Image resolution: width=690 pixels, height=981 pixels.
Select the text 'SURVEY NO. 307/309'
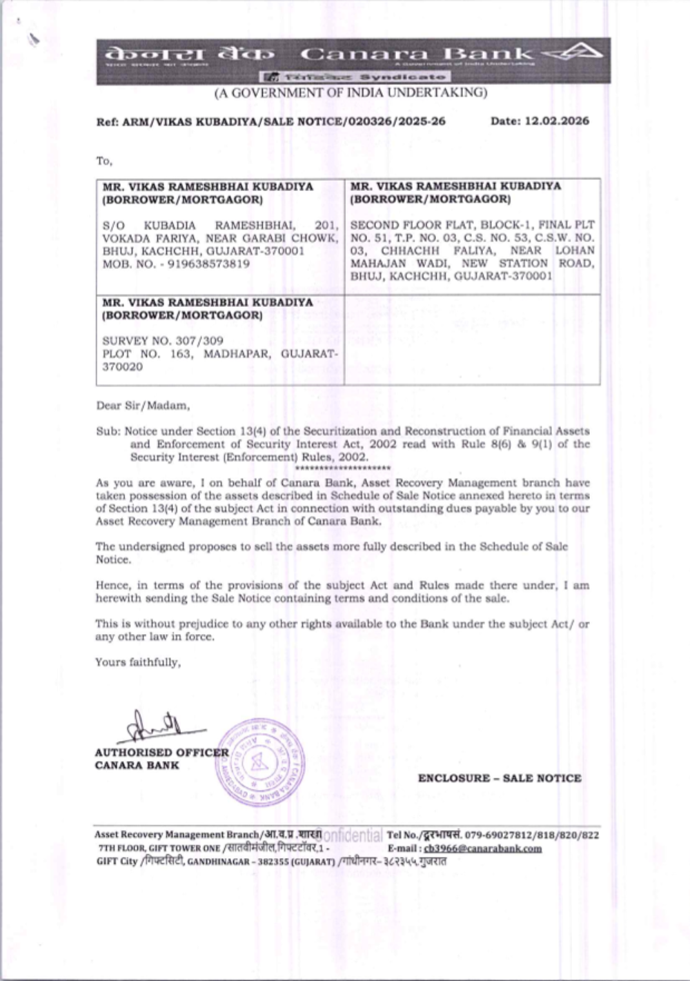(x=163, y=341)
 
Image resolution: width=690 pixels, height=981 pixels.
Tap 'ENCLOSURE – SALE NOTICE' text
(x=500, y=778)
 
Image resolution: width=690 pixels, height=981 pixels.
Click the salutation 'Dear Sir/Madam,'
(x=142, y=406)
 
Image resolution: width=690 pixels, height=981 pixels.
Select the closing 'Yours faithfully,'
(x=138, y=662)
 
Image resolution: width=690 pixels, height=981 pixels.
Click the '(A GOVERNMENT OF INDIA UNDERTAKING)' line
(x=351, y=92)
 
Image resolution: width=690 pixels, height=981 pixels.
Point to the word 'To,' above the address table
(x=103, y=161)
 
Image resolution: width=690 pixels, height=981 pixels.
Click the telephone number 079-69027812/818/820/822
(x=531, y=835)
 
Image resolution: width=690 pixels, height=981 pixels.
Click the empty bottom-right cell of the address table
(x=472, y=339)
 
